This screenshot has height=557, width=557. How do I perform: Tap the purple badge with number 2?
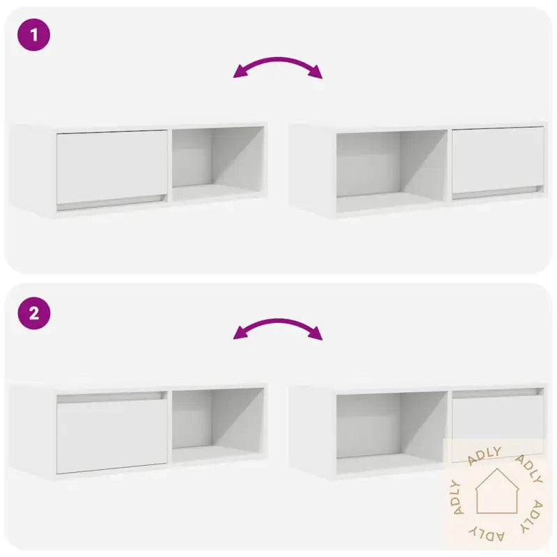click(34, 314)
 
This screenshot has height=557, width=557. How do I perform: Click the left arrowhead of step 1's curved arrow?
click(239, 72)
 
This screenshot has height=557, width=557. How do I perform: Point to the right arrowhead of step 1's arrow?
click(317, 73)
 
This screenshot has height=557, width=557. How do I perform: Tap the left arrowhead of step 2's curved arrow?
click(239, 334)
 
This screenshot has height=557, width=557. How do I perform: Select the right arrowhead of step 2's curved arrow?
click(317, 334)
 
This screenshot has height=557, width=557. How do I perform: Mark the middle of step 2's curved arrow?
click(278, 322)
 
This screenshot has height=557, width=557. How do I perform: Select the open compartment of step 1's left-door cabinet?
click(217, 160)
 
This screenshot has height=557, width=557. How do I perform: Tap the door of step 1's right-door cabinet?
click(498, 159)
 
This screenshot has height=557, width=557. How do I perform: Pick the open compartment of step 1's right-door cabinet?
click(391, 166)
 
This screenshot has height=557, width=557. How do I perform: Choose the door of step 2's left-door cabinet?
click(111, 433)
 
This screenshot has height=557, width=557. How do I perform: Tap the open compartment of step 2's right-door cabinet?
click(391, 427)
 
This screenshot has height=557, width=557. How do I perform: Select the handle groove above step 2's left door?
click(111, 397)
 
